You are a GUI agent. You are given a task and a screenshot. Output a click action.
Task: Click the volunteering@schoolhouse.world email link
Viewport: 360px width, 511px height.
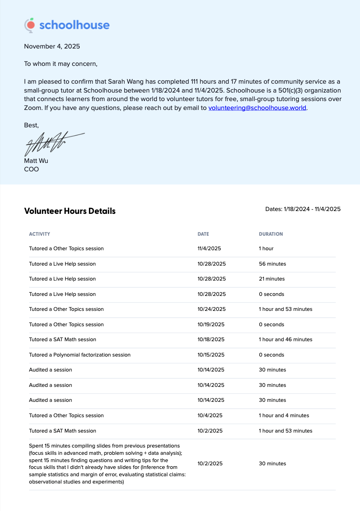tap(257, 108)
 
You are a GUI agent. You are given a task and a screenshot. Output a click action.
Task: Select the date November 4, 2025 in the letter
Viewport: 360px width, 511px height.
tap(52, 46)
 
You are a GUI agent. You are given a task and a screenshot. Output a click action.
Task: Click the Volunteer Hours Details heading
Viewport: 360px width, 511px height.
tap(70, 211)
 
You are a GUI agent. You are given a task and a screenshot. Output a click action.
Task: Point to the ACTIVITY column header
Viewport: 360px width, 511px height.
tap(39, 234)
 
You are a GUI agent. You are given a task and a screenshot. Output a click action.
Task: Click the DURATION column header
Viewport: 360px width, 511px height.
tap(271, 234)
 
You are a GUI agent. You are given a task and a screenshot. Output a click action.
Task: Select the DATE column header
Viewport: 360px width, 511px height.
tap(203, 234)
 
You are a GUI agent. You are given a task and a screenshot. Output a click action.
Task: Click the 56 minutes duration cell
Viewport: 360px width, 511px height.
tap(272, 264)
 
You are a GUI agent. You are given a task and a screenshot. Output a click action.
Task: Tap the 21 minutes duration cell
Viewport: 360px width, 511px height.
tap(271, 279)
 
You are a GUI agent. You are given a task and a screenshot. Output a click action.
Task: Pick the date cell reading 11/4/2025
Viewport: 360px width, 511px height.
tap(209, 249)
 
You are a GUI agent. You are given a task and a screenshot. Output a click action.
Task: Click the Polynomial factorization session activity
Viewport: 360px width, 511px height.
tap(80, 355)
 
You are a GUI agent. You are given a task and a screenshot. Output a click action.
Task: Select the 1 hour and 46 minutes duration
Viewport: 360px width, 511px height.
tap(286, 340)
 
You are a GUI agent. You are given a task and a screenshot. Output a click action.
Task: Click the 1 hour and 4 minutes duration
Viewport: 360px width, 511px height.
tap(284, 416)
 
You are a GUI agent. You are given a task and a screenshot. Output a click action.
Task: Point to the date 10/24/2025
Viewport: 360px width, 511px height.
tap(212, 309)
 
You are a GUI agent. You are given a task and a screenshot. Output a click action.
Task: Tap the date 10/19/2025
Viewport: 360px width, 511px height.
tap(211, 325)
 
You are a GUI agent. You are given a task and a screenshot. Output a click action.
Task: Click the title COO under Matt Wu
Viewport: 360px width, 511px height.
tap(32, 169)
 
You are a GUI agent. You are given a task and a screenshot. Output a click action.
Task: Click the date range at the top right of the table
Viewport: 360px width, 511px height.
tap(303, 209)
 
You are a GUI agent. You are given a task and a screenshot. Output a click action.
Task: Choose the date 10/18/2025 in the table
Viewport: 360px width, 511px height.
tap(211, 340)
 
